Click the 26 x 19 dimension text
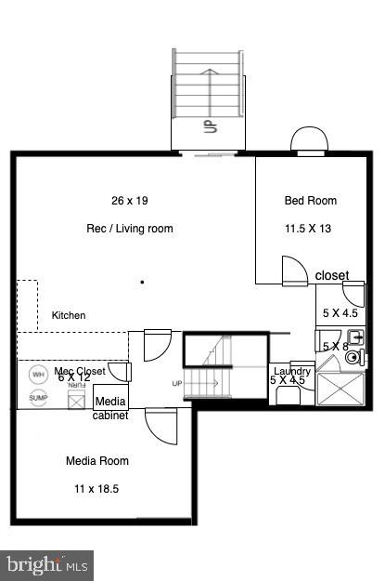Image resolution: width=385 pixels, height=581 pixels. click(130, 200)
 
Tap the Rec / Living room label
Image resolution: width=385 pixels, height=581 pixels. click(130, 229)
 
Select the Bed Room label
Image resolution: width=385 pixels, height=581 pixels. click(310, 201)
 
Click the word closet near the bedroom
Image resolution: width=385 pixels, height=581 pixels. click(331, 276)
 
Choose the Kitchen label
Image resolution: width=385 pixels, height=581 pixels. click(69, 316)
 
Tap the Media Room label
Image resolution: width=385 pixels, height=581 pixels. click(96, 461)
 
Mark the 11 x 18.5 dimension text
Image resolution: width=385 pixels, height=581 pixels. click(96, 488)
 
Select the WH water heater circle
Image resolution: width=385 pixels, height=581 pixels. click(38, 376)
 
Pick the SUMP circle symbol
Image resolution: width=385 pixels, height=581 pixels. click(38, 398)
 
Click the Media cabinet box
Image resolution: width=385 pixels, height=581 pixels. click(111, 402)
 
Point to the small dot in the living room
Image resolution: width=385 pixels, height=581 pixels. click(142, 281)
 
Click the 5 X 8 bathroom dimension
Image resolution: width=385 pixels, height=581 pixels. click(334, 347)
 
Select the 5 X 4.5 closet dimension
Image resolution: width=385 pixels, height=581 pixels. click(340, 313)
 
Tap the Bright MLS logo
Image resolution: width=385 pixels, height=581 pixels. click(46, 563)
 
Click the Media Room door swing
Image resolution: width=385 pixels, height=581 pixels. click(160, 428)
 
